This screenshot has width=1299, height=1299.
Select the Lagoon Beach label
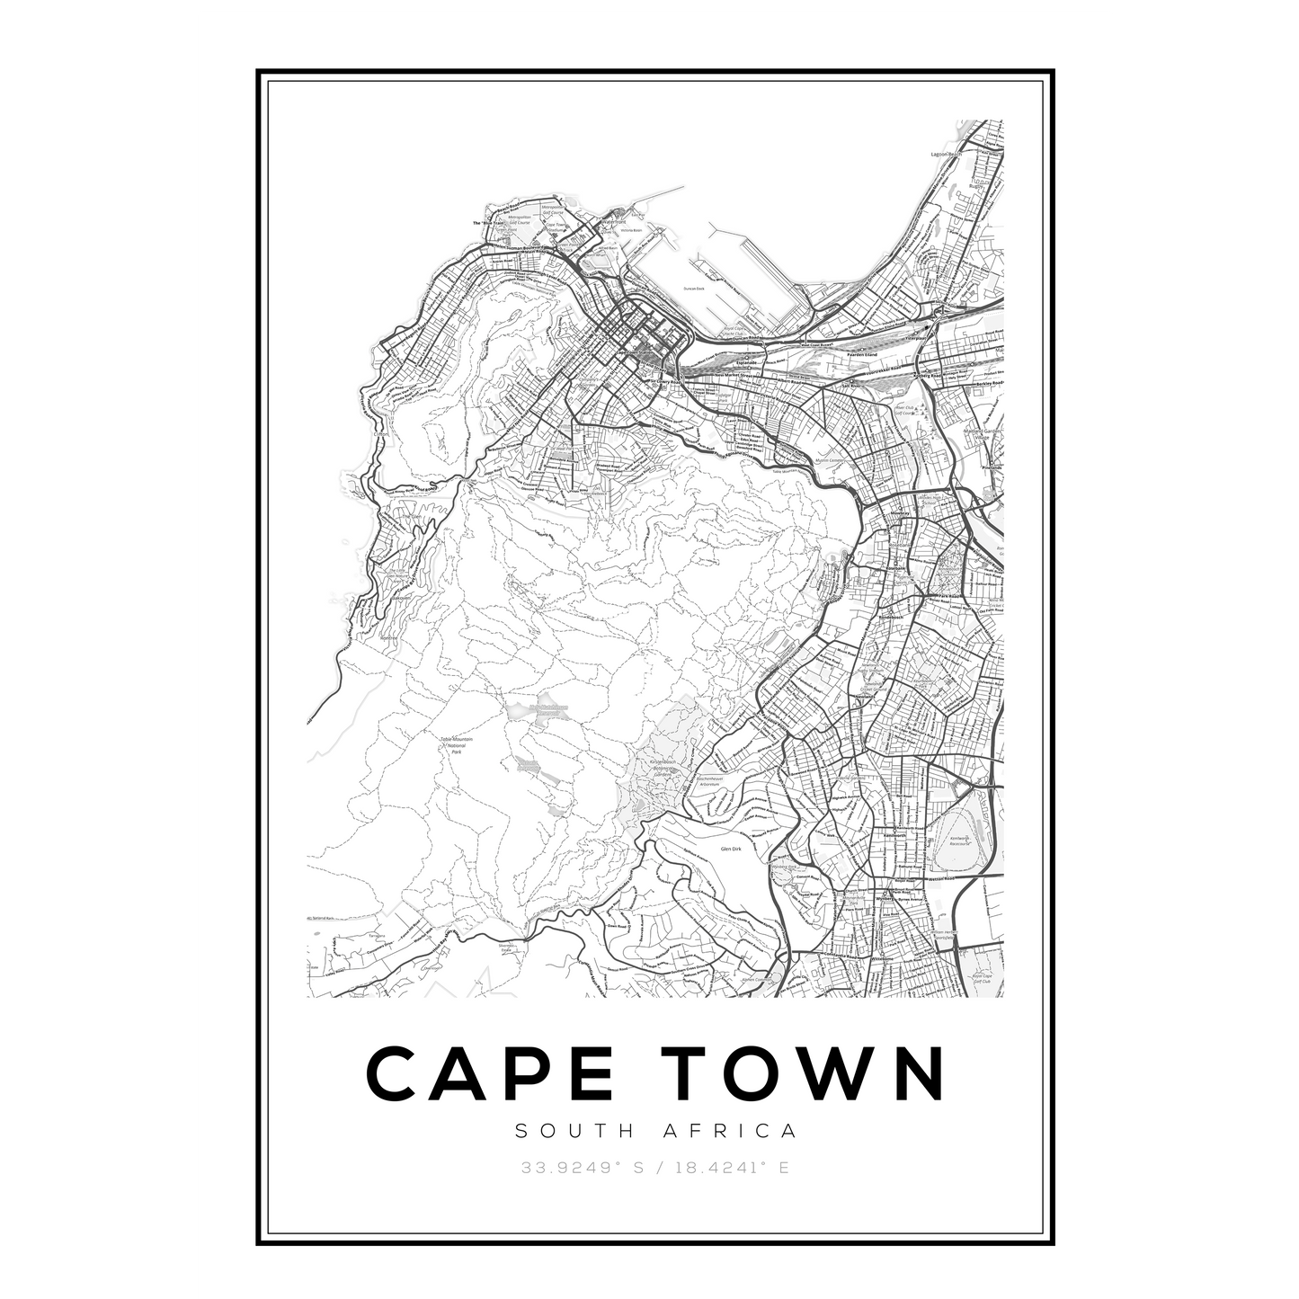click(x=947, y=155)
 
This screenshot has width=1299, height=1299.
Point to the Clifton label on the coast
click(x=383, y=432)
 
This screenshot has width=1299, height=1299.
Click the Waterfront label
click(x=613, y=221)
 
